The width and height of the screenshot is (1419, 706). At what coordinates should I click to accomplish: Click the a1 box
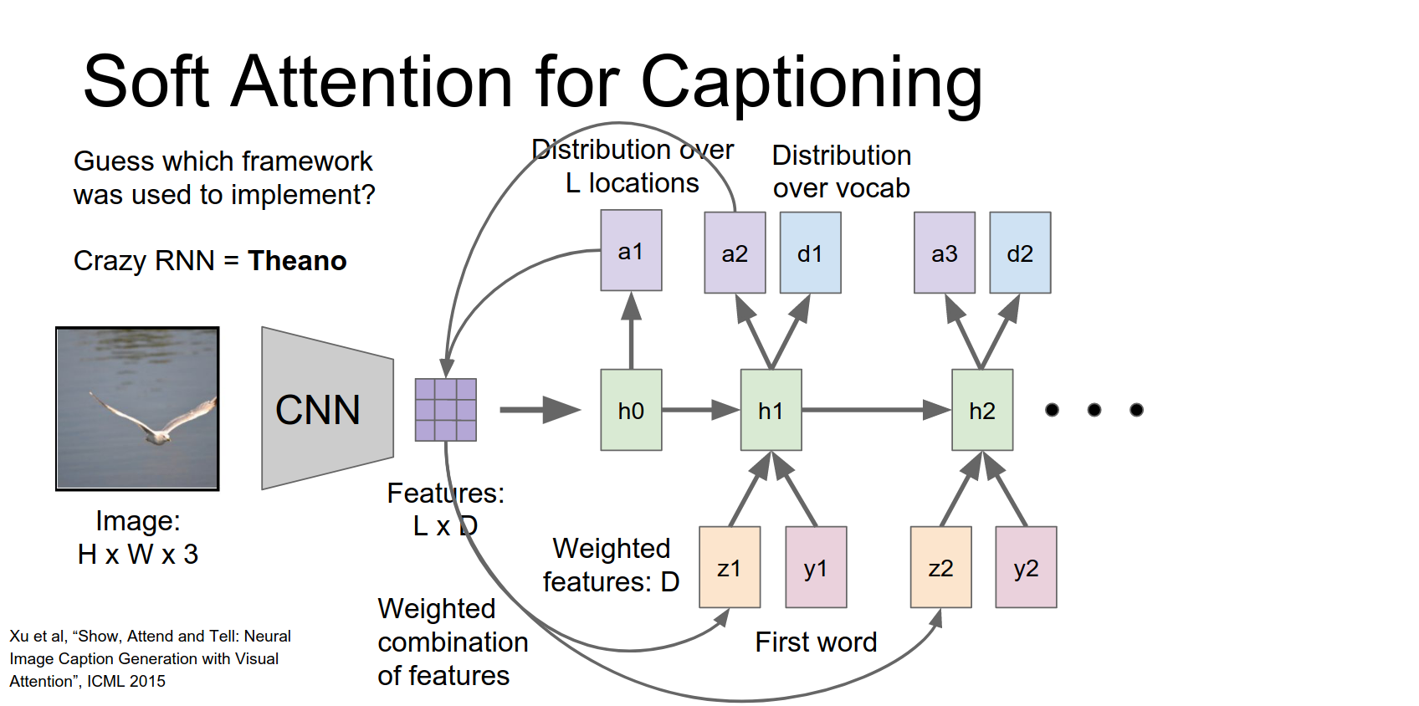pyautogui.click(x=631, y=250)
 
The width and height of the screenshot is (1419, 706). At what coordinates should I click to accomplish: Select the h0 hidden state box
pyautogui.click(x=631, y=410)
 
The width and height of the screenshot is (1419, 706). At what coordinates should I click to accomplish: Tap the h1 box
pyautogui.click(x=771, y=410)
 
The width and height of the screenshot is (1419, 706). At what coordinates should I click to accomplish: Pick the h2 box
pyautogui.click(x=982, y=410)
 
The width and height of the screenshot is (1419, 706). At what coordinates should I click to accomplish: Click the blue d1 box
pyautogui.click(x=810, y=253)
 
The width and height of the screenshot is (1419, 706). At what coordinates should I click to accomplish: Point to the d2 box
pyautogui.click(x=1020, y=253)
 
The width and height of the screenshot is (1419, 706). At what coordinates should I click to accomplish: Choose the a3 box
pyautogui.click(x=945, y=253)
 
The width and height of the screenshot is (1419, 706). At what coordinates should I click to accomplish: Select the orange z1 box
pyautogui.click(x=730, y=567)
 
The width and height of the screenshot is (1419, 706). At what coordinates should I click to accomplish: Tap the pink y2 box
pyautogui.click(x=1026, y=567)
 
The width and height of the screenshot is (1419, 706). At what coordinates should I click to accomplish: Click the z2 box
pyautogui.click(x=941, y=567)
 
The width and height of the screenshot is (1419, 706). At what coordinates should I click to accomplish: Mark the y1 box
pyautogui.click(x=816, y=567)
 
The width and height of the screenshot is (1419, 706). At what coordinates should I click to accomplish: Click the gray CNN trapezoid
pyautogui.click(x=327, y=409)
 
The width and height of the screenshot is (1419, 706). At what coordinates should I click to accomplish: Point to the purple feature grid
pyautogui.click(x=446, y=410)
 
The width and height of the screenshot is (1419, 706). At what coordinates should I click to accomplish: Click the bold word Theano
pyautogui.click(x=297, y=261)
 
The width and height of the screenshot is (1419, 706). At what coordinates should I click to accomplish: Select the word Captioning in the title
pyautogui.click(x=811, y=82)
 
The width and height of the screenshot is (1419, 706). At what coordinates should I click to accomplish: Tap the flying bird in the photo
pyautogui.click(x=156, y=422)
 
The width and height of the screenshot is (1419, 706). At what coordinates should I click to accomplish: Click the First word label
pyautogui.click(x=816, y=642)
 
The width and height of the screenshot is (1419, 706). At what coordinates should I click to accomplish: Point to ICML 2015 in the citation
pyautogui.click(x=126, y=682)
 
